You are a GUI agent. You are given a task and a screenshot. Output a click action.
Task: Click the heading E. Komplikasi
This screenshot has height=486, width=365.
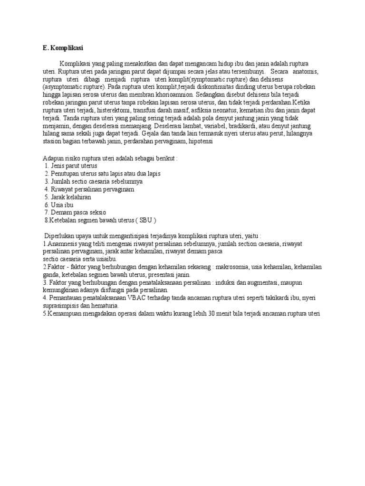tap(63, 47)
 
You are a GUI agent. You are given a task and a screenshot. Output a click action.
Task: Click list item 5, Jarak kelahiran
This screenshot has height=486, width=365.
tap(67, 196)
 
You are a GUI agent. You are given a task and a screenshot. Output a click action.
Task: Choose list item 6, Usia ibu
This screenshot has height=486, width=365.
tap(59, 204)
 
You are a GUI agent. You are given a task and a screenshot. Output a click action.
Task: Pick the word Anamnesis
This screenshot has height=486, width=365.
tap(60, 244)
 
